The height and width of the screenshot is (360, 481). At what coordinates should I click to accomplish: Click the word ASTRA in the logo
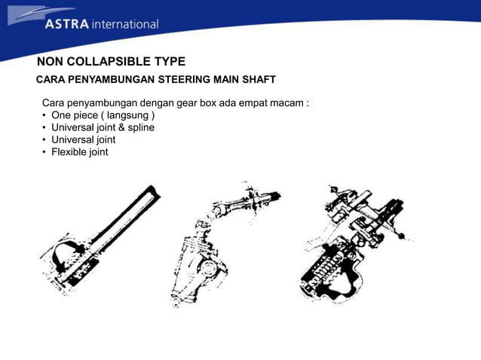point(67,24)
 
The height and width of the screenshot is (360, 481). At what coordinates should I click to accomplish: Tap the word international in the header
point(125,24)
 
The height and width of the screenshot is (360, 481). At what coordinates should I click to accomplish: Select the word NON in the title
point(51,62)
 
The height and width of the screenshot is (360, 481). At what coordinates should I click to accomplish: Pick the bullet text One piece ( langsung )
point(103,115)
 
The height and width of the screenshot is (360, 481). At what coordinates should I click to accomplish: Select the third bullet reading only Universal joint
point(84,140)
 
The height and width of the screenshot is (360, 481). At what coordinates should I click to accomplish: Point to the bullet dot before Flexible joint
point(44,152)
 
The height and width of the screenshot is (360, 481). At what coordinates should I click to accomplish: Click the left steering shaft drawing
point(100,240)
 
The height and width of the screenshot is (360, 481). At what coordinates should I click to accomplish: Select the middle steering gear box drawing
point(225,244)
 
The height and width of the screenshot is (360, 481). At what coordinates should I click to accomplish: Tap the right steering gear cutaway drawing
point(356,243)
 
